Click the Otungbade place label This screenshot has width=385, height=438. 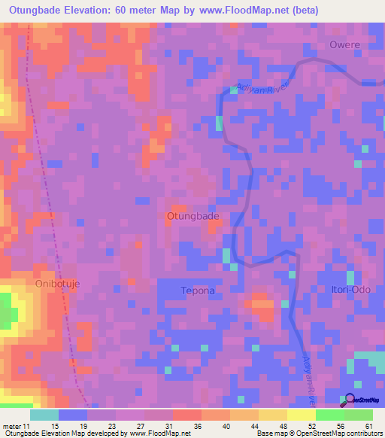(x=192, y=216)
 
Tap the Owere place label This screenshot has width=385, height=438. (x=345, y=45)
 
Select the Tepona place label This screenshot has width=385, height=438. (x=198, y=290)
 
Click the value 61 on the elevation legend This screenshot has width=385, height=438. (x=367, y=426)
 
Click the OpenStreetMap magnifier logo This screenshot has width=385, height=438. (x=349, y=400)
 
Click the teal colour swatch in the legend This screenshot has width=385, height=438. (x=44, y=415)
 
